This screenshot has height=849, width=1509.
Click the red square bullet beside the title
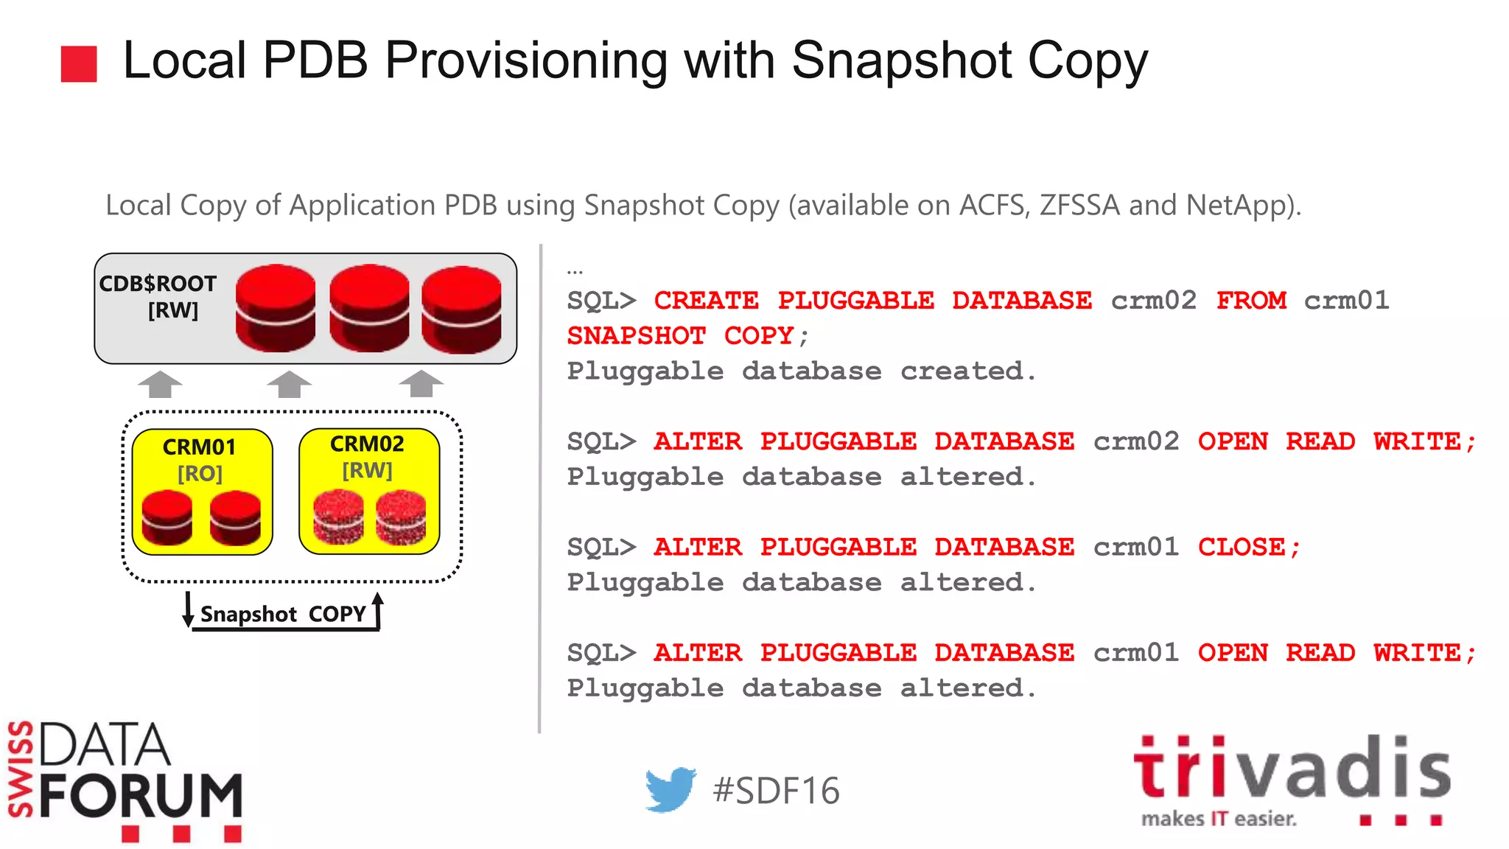point(79,64)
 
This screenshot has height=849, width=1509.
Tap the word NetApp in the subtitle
point(1239,206)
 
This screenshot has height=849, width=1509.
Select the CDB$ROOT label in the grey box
point(158,284)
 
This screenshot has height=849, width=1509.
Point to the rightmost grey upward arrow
point(421,383)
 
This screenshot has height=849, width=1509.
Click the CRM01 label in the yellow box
point(199,447)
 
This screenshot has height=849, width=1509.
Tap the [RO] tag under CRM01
point(200,474)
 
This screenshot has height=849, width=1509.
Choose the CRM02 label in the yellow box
point(367,444)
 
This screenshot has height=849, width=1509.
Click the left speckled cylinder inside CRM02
point(338,517)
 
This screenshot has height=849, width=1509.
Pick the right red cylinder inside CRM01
point(235,518)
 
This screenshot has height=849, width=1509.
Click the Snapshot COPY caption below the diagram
point(283,614)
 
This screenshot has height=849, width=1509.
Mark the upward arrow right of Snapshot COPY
point(378,609)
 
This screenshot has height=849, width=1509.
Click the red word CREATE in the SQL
point(706,301)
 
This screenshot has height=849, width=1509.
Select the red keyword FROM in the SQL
point(1251,301)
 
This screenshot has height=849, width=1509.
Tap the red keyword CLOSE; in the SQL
point(1249,548)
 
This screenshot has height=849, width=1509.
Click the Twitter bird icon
point(670,789)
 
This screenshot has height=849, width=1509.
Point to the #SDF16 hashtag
point(776,791)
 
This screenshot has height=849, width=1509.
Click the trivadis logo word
point(1292,769)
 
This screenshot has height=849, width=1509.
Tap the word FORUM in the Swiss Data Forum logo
point(141,796)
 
